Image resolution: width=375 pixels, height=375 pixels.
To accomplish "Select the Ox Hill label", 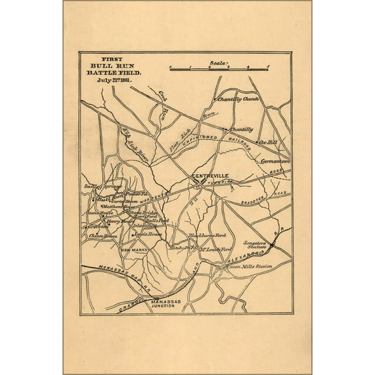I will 269,141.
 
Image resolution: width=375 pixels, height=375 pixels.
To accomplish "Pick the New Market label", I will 115,249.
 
